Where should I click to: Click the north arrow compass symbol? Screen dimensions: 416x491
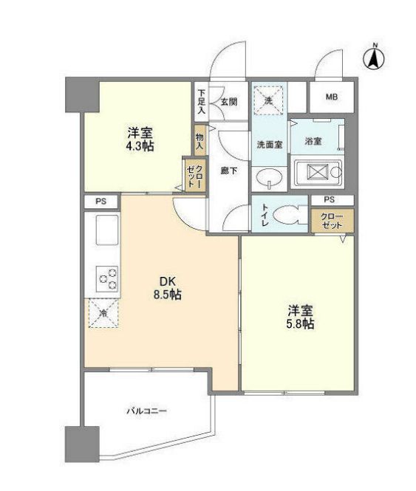375,58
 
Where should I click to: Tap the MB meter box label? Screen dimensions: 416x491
331,97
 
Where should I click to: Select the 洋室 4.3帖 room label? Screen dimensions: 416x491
140,140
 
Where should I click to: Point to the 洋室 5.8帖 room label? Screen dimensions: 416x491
300,317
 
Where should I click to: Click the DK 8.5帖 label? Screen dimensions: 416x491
168,288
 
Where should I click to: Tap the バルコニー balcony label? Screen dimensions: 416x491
146,411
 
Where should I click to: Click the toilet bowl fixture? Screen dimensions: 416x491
287,215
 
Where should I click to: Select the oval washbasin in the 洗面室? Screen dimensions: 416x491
269,177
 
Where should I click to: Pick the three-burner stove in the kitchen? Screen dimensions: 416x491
107,279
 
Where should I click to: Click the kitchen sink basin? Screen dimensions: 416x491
107,230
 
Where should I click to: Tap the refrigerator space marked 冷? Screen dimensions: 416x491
103,313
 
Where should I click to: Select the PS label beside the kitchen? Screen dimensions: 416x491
101,202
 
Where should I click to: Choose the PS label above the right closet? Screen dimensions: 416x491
329,200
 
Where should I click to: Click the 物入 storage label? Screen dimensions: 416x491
200,141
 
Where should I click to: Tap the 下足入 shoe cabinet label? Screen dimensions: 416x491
201,101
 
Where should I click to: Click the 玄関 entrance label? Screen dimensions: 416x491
229,101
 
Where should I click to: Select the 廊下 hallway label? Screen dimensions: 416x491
229,171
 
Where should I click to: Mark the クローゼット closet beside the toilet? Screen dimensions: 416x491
332,221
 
